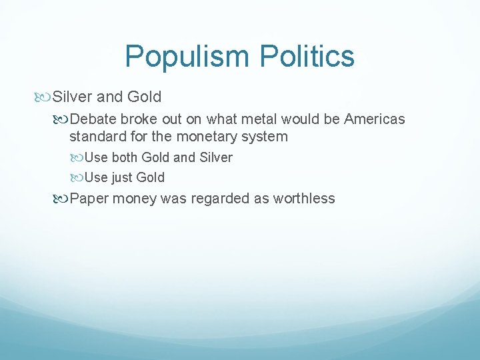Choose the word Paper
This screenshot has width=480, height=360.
tap(90, 198)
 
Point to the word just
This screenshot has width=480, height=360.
tap(121, 177)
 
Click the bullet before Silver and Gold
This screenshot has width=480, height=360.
tap(45, 97)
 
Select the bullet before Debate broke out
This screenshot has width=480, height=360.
tap(62, 119)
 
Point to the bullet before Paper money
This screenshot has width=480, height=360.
tap(62, 199)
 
